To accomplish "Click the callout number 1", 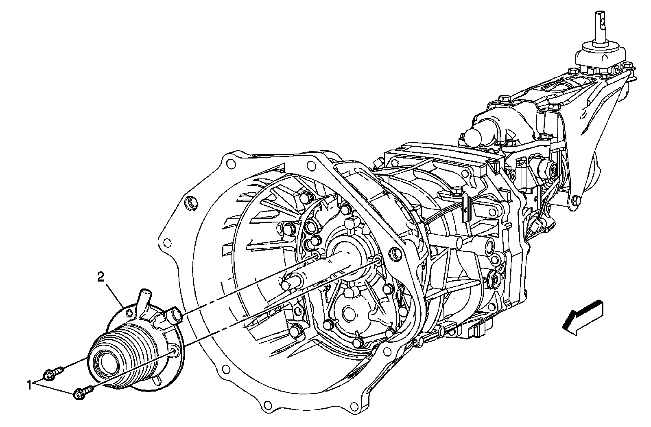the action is click(29, 386).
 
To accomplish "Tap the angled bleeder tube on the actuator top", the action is click(144, 303).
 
